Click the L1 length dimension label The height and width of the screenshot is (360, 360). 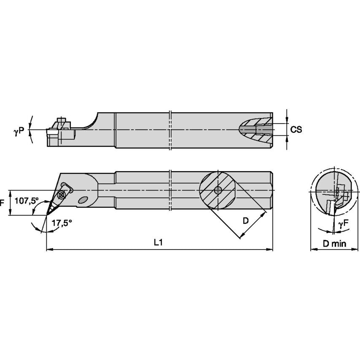158,242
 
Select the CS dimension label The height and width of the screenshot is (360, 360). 296,129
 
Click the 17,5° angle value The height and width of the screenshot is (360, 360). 60,224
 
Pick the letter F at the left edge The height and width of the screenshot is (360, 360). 2,202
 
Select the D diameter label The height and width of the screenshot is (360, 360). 245,220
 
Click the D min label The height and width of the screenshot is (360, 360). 334,243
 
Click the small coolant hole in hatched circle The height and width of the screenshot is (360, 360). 218,190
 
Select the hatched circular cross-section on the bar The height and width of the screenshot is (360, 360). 218,190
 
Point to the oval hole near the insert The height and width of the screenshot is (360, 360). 83,200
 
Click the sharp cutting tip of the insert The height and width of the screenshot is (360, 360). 47,214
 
